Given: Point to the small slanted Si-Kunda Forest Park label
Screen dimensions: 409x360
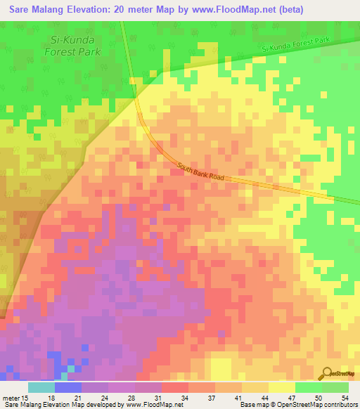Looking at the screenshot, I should coord(295,44).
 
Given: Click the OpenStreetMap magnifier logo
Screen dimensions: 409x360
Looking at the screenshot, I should coord(328,374).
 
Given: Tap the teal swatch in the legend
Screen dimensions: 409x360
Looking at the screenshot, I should coord(41,388).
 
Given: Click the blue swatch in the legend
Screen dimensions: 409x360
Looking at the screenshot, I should coord(68,388).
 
